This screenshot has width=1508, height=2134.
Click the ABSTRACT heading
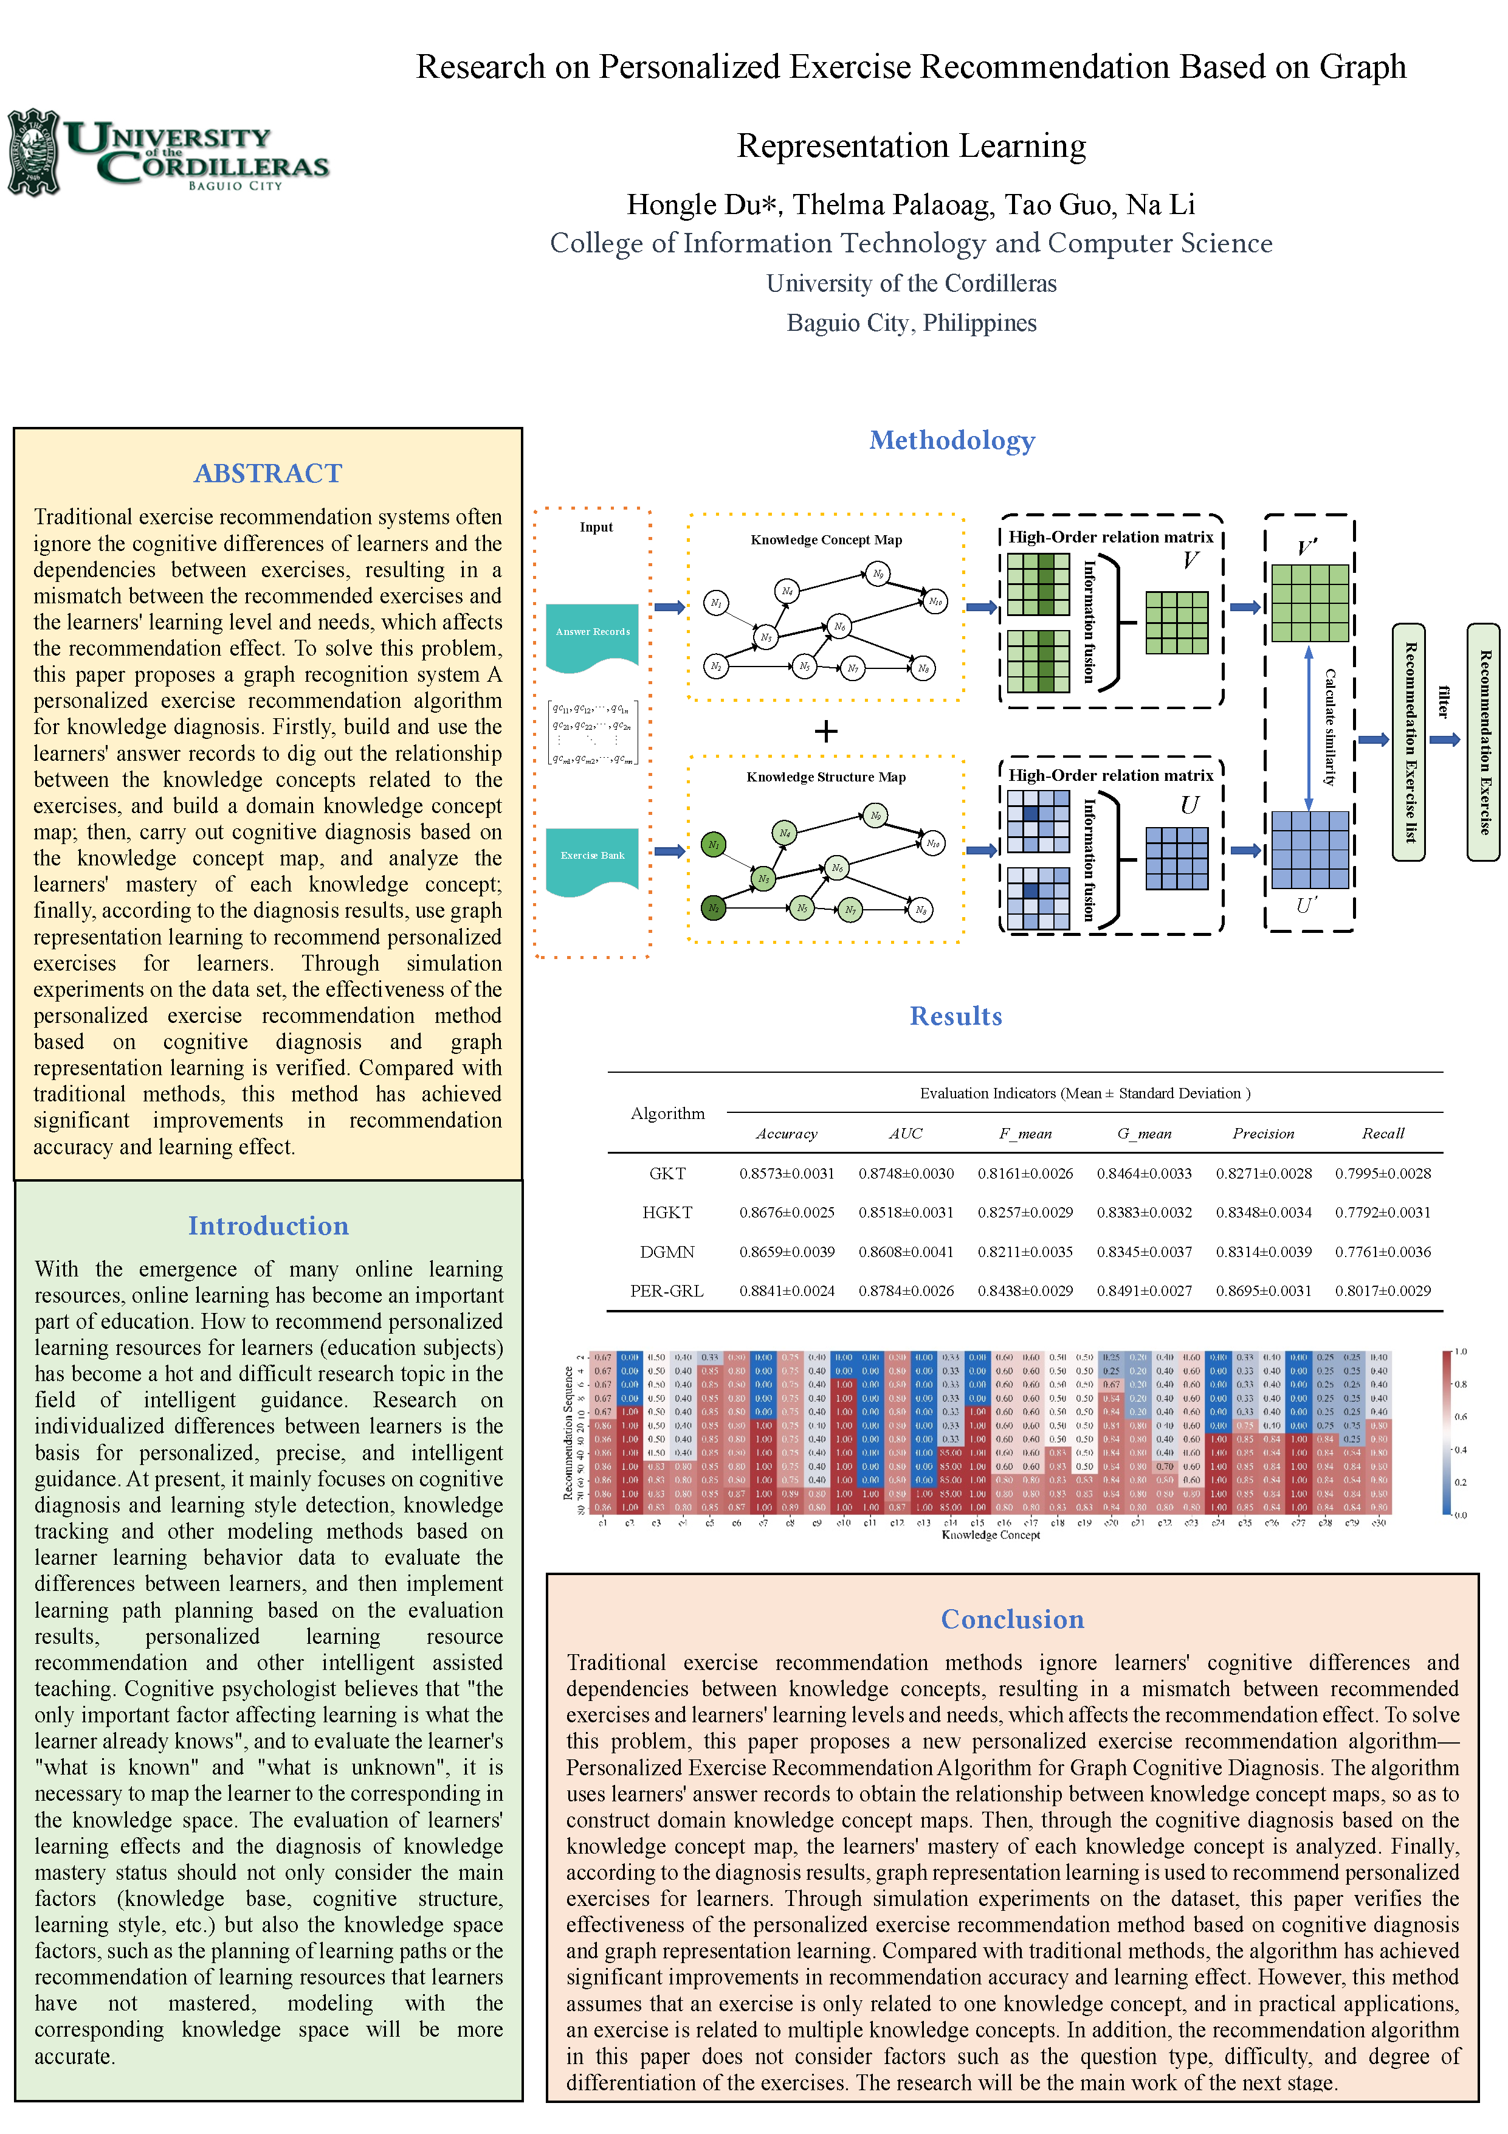(267, 473)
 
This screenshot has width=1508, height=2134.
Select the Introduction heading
(267, 1226)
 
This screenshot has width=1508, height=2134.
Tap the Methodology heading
(951, 440)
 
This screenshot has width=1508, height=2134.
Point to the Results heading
(955, 1016)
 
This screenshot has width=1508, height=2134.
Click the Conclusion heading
(1012, 1619)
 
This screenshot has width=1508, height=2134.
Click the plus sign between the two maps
(825, 732)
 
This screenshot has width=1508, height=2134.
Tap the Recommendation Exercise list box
(1408, 742)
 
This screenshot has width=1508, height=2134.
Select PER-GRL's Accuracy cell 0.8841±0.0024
(786, 1291)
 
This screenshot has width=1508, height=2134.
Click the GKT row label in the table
(667, 1174)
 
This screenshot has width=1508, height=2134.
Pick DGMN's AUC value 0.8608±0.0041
(906, 1252)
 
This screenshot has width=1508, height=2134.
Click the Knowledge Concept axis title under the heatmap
(991, 1534)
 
